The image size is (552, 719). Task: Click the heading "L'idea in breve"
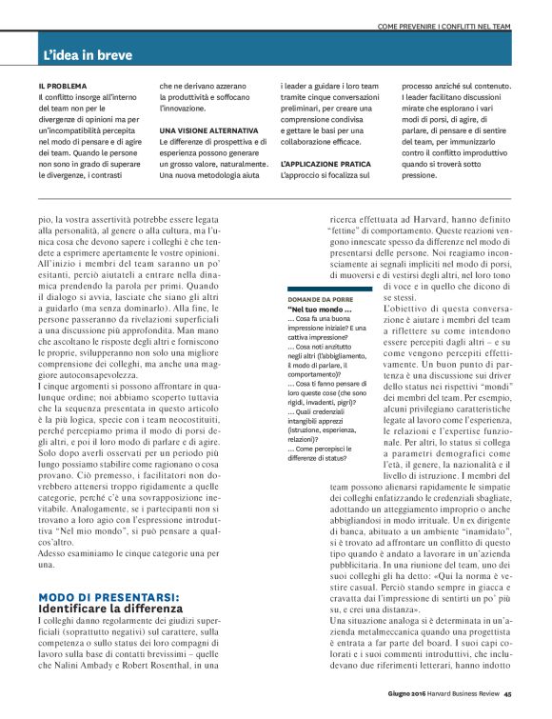pyautogui.click(x=88, y=56)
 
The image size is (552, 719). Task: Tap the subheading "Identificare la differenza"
pyautogui.click(x=110, y=609)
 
